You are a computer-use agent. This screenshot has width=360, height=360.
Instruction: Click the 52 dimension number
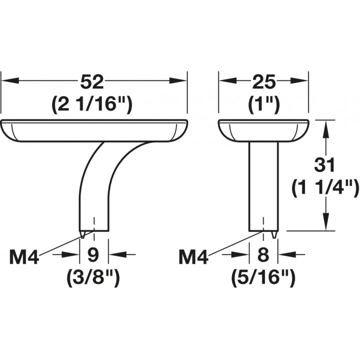(x=92, y=81)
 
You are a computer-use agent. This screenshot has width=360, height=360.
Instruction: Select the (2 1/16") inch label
(x=92, y=105)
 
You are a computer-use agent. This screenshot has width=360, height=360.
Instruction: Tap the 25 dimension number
(x=263, y=81)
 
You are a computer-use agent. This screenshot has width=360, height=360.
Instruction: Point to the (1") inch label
(x=263, y=105)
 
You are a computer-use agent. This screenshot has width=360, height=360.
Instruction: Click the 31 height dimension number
(x=324, y=165)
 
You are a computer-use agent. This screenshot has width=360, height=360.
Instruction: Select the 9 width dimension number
(x=93, y=254)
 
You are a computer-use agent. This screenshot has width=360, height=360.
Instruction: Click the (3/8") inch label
(x=93, y=278)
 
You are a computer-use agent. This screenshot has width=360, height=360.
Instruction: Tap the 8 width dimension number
(x=263, y=254)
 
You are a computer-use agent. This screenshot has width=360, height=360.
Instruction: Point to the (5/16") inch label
(x=263, y=278)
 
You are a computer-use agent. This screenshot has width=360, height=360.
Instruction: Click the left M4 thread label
(x=24, y=257)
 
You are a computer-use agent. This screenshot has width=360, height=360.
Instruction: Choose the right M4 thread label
(x=193, y=257)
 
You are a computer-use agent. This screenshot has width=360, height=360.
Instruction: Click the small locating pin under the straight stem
(x=273, y=234)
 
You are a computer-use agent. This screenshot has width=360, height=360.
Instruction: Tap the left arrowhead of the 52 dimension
(x=10, y=81)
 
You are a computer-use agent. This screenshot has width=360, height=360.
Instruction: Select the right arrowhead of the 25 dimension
(x=299, y=81)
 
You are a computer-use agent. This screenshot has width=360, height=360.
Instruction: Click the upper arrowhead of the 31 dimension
(x=325, y=129)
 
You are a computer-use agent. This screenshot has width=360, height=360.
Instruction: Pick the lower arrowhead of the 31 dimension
(x=325, y=221)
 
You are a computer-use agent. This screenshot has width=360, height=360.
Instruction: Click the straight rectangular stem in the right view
(x=264, y=186)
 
